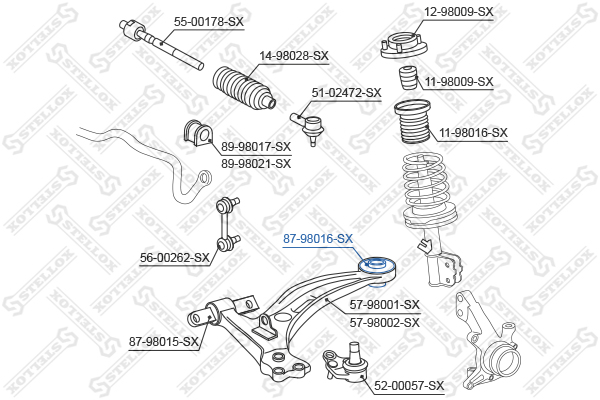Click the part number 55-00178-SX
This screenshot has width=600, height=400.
[x=209, y=22]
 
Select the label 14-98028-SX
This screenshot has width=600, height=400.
[x=294, y=56]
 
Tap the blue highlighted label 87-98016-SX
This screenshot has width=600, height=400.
[x=318, y=239]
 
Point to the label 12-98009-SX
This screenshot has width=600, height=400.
[x=458, y=12]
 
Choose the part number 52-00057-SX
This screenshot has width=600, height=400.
[x=409, y=385]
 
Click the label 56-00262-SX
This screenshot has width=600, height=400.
[x=175, y=258]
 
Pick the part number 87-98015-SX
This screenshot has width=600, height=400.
[x=164, y=341]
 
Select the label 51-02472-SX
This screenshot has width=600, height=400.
[x=346, y=93]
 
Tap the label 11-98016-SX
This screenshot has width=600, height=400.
[x=473, y=133]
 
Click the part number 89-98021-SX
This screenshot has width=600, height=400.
[x=256, y=164]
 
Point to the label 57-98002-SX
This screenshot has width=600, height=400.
[x=385, y=323]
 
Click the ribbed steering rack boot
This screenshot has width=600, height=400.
[x=244, y=89]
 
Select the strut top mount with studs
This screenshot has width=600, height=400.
[x=404, y=46]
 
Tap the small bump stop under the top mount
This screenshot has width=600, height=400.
[x=408, y=78]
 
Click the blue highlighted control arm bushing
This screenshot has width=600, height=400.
[x=377, y=265]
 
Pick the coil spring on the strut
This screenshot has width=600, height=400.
[x=430, y=189]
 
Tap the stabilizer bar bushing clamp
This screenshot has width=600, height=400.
[x=198, y=133]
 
